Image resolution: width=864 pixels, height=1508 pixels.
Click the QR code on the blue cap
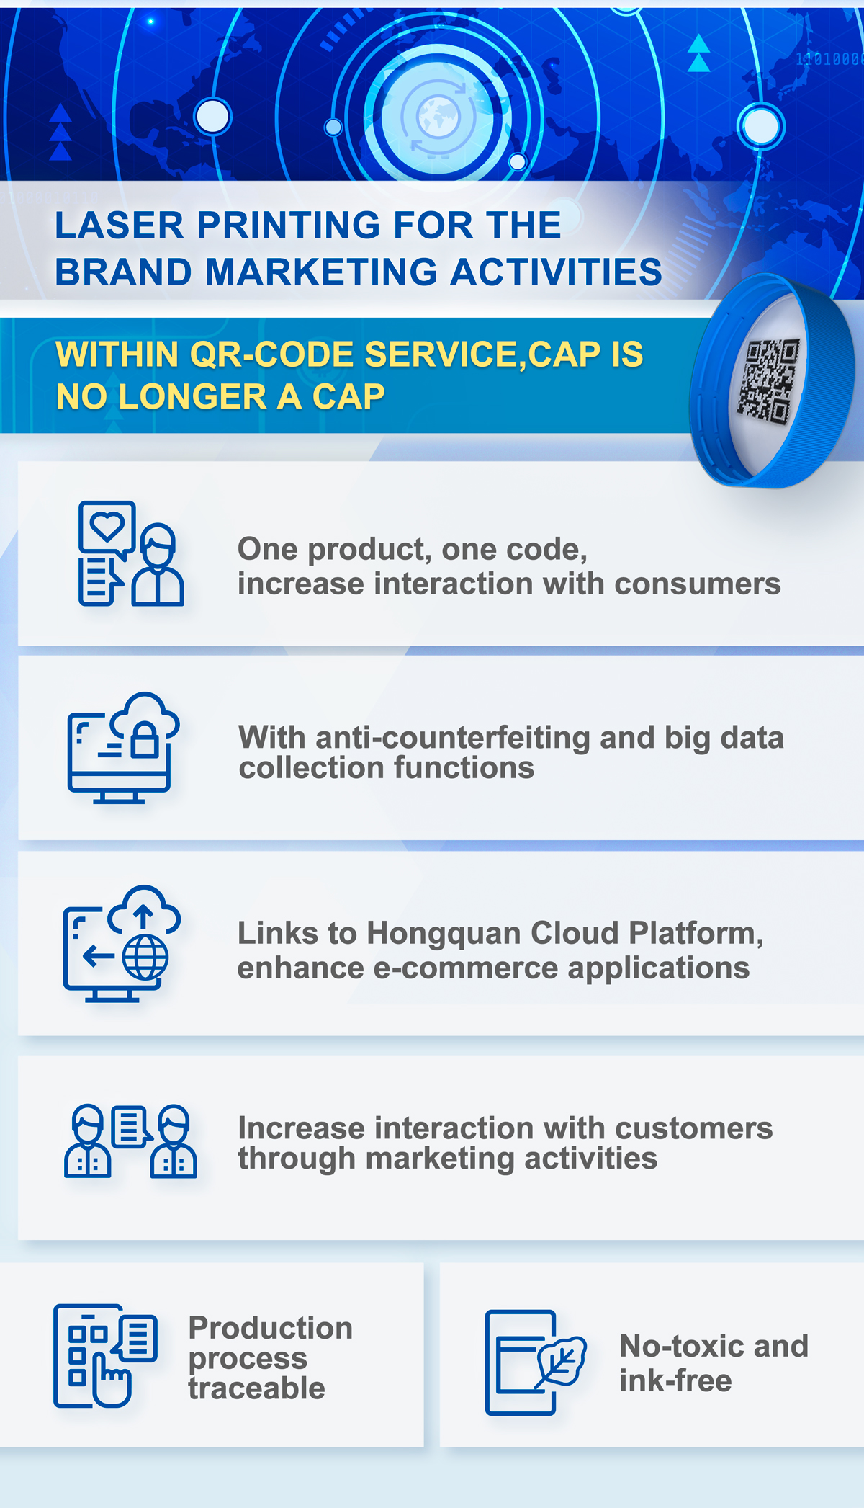[x=768, y=381]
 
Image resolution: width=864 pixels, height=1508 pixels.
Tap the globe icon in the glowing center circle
[x=438, y=116]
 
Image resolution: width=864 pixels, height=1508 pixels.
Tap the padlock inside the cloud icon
[x=145, y=740]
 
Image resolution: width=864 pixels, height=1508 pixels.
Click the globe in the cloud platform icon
[x=145, y=957]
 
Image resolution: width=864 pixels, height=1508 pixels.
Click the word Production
[x=271, y=1328]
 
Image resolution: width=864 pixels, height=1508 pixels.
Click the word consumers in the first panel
[x=698, y=584]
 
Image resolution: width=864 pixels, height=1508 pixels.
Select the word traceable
[x=257, y=1388]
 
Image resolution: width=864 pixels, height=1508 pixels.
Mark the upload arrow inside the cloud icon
[x=143, y=917]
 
